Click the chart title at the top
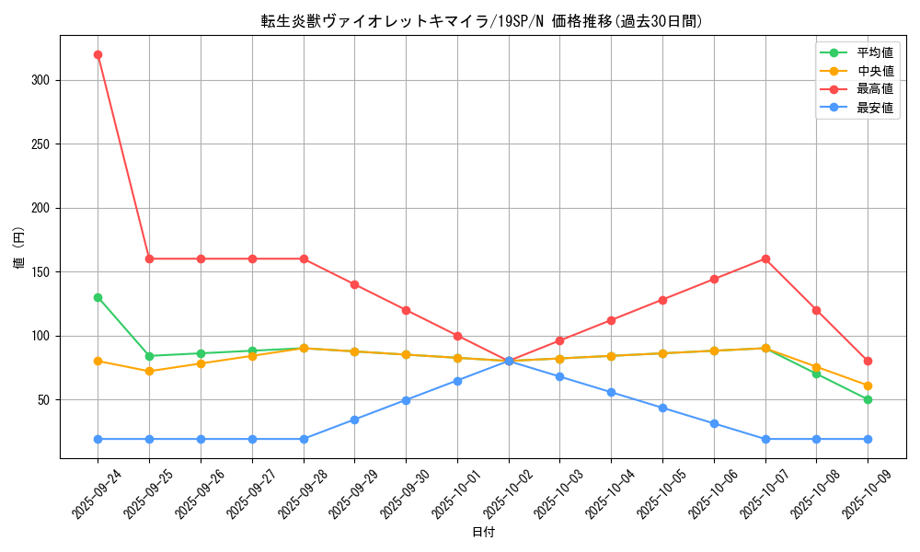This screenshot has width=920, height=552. pyautogui.click(x=482, y=21)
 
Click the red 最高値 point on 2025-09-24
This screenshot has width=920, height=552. pyautogui.click(x=98, y=54)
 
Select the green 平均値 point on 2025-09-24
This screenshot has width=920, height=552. pyautogui.click(x=98, y=297)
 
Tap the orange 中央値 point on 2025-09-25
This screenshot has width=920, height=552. pyautogui.click(x=149, y=371)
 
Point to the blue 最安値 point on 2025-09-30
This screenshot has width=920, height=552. pyautogui.click(x=406, y=400)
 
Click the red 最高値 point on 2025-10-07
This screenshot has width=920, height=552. pyautogui.click(x=765, y=259)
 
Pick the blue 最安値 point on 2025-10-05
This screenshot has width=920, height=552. pyautogui.click(x=662, y=408)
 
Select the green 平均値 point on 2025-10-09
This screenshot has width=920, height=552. pyautogui.click(x=868, y=399)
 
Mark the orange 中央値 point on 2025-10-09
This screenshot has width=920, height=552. pyautogui.click(x=868, y=385)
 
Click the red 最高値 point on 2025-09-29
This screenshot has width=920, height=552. pyautogui.click(x=354, y=284)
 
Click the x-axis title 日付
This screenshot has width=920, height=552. pyautogui.click(x=483, y=533)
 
